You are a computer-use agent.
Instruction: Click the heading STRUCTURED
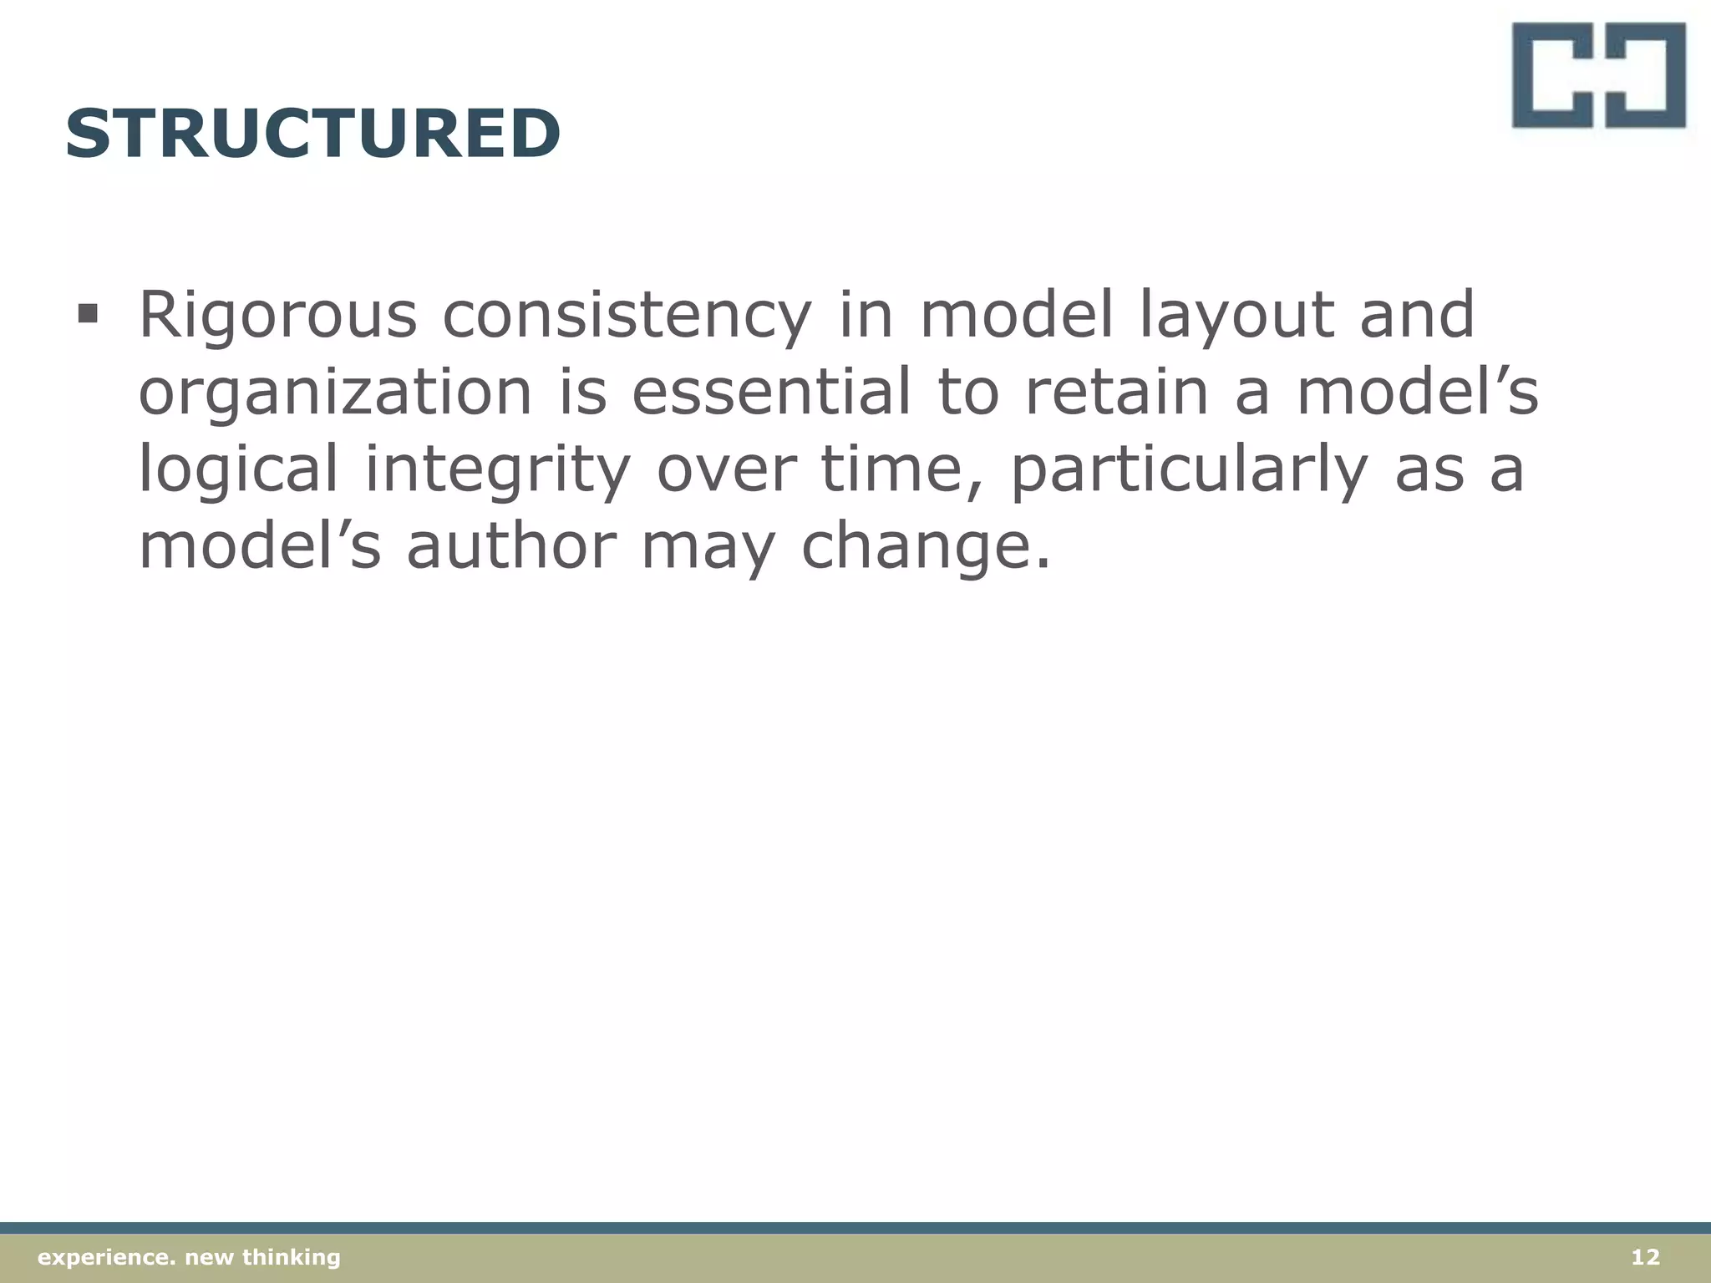[x=312, y=134]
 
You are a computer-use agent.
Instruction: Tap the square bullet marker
[x=87, y=315]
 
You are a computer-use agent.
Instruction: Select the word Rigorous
[x=277, y=315]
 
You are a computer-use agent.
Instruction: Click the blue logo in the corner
[x=1598, y=75]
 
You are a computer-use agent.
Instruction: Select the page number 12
[x=1645, y=1257]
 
